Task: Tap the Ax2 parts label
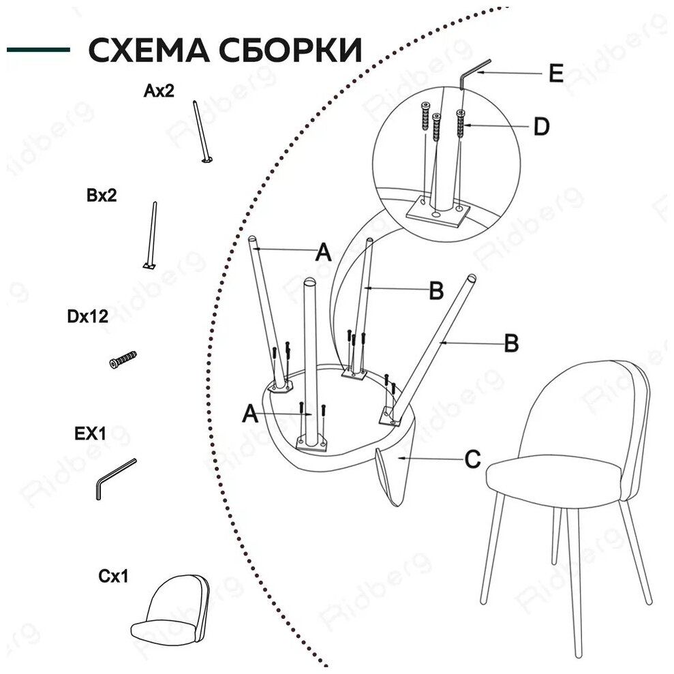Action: coord(159,91)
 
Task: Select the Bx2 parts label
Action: coord(102,196)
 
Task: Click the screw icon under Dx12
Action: coord(123,360)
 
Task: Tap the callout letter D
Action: coord(540,127)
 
